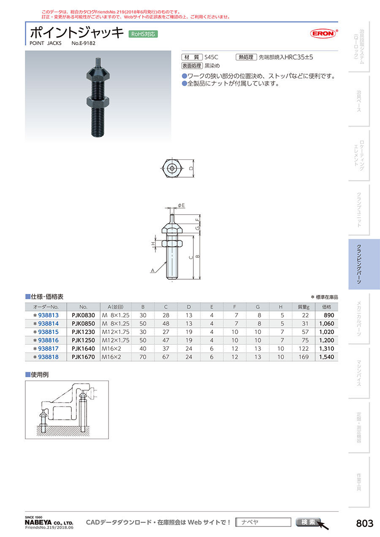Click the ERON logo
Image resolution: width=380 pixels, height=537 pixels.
(x=323, y=33)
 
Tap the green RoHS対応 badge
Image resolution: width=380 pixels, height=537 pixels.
(x=143, y=34)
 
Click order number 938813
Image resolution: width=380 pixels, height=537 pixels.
(x=48, y=315)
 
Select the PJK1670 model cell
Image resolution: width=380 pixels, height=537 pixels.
(x=83, y=357)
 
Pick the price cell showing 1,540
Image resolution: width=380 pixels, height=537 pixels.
(x=326, y=357)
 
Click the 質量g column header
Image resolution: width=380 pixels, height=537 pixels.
(x=304, y=307)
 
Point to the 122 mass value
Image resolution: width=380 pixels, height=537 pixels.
(x=304, y=348)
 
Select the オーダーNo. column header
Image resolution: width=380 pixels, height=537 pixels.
(x=46, y=307)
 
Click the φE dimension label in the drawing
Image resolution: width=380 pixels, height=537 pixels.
(x=181, y=205)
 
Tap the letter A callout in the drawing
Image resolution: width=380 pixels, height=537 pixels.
(x=152, y=270)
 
